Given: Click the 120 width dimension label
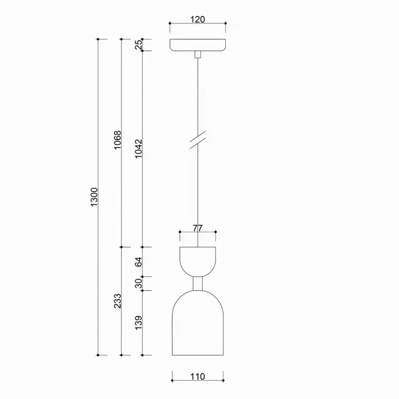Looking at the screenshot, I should pos(198,19).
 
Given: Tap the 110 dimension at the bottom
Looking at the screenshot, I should pos(198,376).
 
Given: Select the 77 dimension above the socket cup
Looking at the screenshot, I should pos(198,228).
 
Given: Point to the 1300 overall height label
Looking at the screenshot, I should pos(94,198).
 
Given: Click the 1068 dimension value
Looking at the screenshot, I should pos(117,140).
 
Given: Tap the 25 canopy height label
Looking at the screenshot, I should pos(138,45).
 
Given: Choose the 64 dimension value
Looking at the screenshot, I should pos(138,262).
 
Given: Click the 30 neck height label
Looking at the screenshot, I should pos(138,283).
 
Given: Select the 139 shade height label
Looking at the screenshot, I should pos(138,323).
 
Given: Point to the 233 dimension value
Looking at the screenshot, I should pos(117,301).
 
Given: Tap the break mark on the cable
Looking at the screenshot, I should pos(198,141).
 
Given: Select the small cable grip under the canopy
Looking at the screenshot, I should pos(198,55).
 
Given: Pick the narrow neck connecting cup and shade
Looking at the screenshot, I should pos(198,283).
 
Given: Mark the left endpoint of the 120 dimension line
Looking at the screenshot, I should pos(170,24).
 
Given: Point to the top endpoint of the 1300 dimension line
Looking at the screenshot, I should pos(98,39).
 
